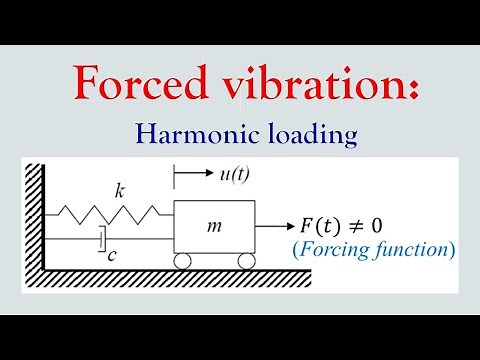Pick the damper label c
(x=113, y=256)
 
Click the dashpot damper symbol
(x=103, y=240)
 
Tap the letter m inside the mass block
(x=213, y=227)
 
